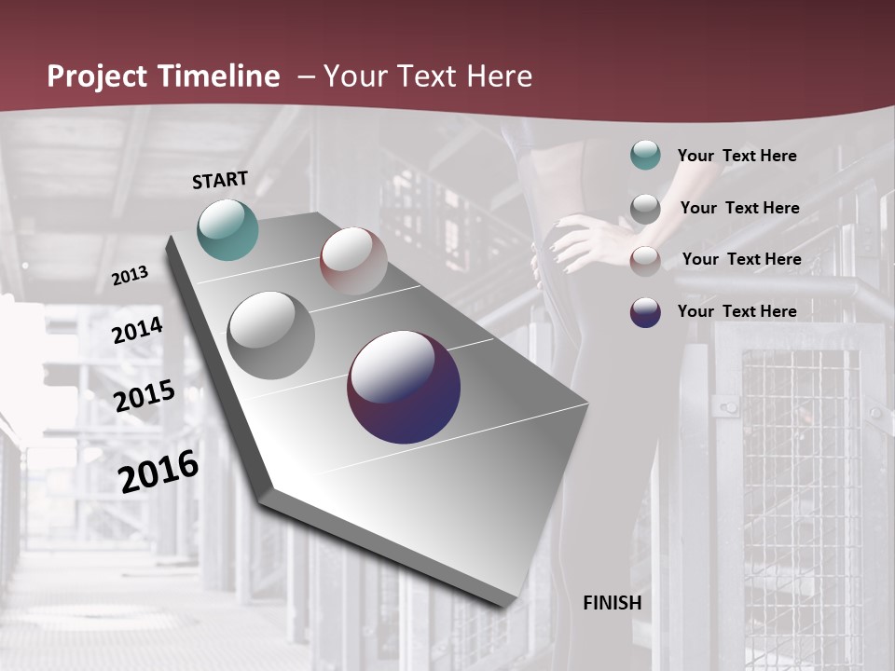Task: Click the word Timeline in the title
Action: point(221,76)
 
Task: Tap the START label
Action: point(220,180)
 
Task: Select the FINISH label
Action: point(613,603)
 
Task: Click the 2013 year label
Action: point(131,275)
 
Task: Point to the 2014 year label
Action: point(138,330)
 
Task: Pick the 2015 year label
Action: point(145,396)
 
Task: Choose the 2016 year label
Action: point(158,472)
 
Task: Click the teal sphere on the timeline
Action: point(227,229)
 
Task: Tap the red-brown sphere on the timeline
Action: point(353,261)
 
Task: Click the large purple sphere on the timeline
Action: point(404,387)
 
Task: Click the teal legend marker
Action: point(645,155)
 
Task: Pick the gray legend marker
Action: point(645,209)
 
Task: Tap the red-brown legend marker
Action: point(645,261)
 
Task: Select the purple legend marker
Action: point(645,312)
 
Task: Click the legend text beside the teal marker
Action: point(737,156)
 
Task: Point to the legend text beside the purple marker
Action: point(737,311)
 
